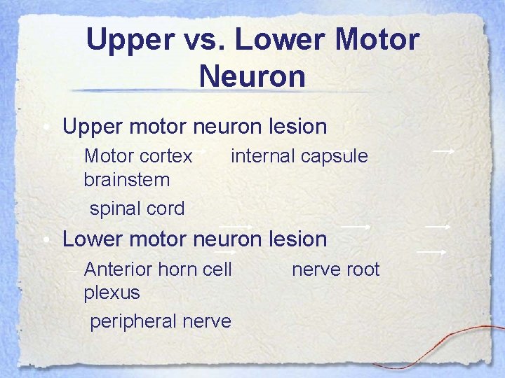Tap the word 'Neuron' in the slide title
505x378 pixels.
tap(252, 76)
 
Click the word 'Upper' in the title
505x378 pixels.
tap(131, 41)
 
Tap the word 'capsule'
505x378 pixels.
tap(336, 156)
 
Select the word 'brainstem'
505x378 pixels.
tap(126, 180)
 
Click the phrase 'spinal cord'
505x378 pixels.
tap(137, 208)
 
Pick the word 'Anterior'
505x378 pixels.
tap(120, 269)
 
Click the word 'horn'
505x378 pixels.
tap(183, 269)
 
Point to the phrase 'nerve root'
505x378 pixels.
tap(335, 269)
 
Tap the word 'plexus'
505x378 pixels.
tap(112, 293)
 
